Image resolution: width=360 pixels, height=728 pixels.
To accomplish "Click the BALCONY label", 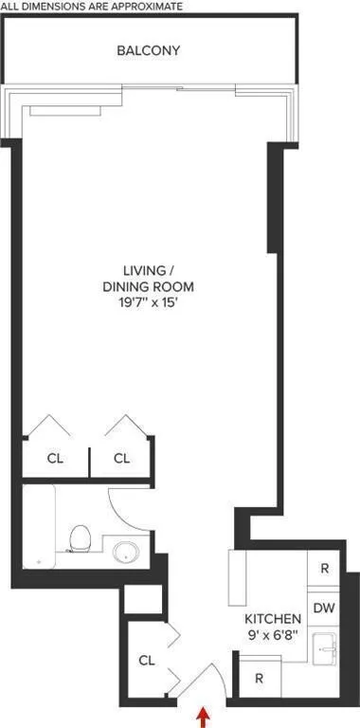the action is tap(148, 50).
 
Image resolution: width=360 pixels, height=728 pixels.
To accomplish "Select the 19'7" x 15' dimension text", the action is tap(148, 304).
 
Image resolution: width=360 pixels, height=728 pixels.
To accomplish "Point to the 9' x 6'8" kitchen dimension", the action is tap(273, 634).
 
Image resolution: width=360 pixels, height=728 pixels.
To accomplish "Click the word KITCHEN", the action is tap(273, 619).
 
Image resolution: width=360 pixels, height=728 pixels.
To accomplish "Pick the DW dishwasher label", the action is tap(324, 609).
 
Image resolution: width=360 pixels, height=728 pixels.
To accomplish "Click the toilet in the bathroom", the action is tap(80, 538).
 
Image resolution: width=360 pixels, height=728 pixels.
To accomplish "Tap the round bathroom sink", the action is tap(126, 552).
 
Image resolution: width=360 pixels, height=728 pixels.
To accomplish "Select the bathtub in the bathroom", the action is tap(39, 526).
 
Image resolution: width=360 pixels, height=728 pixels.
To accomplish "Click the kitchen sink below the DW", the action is tap(325, 648).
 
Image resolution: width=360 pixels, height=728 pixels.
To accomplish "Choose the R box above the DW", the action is tap(324, 569).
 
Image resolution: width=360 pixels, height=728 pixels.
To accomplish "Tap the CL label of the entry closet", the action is tap(147, 661).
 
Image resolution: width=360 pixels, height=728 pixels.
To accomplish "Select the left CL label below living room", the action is tap(55, 459).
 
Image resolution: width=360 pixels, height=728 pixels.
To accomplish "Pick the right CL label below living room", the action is tap(121, 459).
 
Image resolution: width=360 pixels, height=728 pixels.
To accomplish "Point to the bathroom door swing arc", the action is tap(122, 517).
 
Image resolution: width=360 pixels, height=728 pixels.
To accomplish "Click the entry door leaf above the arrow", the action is tap(195, 681).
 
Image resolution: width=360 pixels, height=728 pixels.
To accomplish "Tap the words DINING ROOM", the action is tap(148, 287).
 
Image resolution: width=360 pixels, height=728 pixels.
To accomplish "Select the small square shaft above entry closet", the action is tap(143, 599).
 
